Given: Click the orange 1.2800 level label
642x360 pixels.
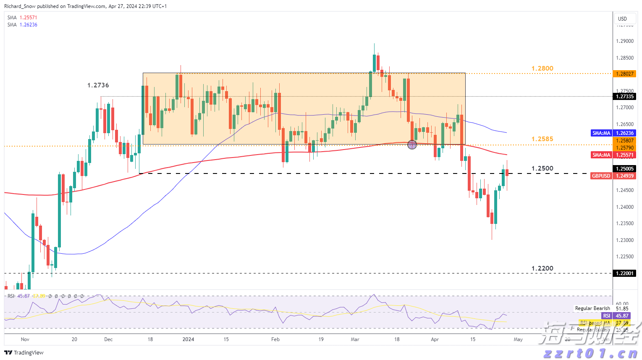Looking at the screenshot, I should point(542,68).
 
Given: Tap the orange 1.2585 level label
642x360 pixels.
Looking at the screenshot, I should point(542,139).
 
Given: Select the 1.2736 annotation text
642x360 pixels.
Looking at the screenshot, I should point(98,85).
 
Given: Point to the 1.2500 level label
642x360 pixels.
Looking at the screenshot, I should point(542,168).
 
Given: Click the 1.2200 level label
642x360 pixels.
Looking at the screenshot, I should point(542,268).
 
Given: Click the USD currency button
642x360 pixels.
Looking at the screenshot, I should point(622,18).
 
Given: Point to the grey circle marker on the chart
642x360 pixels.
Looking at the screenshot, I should point(412,145).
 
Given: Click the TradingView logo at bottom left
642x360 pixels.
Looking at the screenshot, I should point(24,352).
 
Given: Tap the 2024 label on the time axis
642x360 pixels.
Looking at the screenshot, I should point(189,339).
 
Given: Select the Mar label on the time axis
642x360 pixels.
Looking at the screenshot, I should point(355,339).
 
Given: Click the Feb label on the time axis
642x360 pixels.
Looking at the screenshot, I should point(275,339).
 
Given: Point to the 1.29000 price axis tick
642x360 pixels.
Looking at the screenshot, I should point(624,41).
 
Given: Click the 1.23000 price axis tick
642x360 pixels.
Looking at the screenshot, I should point(624,240).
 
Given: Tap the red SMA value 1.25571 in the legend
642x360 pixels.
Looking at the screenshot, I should point(28,18).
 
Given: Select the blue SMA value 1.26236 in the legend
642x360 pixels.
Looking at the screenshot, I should point(28,25).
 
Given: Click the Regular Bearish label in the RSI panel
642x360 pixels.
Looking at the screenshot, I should point(592,308).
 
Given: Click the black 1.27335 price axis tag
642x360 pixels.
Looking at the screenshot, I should point(625,97).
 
